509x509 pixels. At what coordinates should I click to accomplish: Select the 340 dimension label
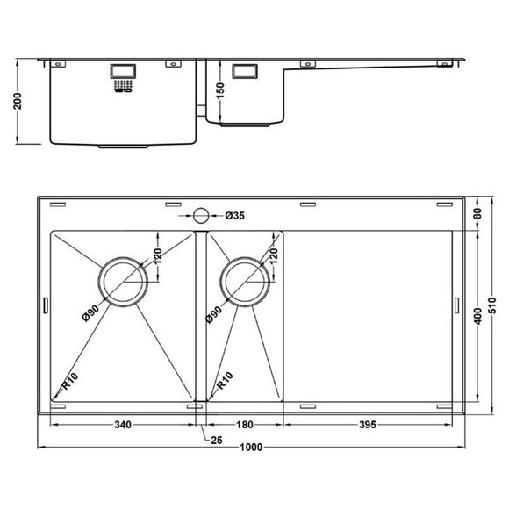tap(122, 426)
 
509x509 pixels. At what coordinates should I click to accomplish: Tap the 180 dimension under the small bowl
tap(244, 426)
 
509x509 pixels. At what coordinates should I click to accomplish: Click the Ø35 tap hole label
tap(234, 215)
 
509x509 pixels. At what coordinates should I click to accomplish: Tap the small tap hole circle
tap(200, 215)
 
